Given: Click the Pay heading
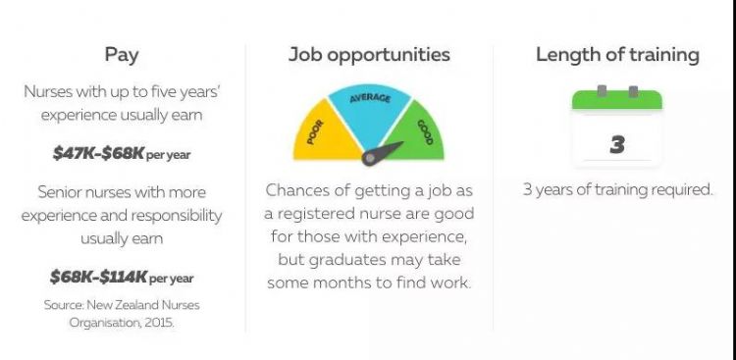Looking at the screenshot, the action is click(x=122, y=55).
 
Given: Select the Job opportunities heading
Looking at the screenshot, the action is click(x=369, y=55).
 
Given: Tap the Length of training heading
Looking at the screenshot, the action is click(x=617, y=55).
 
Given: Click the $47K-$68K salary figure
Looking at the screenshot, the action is click(x=97, y=153).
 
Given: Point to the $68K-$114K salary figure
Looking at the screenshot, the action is click(x=98, y=277).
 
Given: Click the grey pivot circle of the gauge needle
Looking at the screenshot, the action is click(x=370, y=158).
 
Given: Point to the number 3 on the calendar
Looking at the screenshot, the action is click(x=617, y=144).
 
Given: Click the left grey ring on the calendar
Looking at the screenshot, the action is click(x=602, y=91).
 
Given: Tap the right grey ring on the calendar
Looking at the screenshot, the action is click(x=633, y=91).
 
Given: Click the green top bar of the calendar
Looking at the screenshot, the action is click(x=617, y=100).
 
